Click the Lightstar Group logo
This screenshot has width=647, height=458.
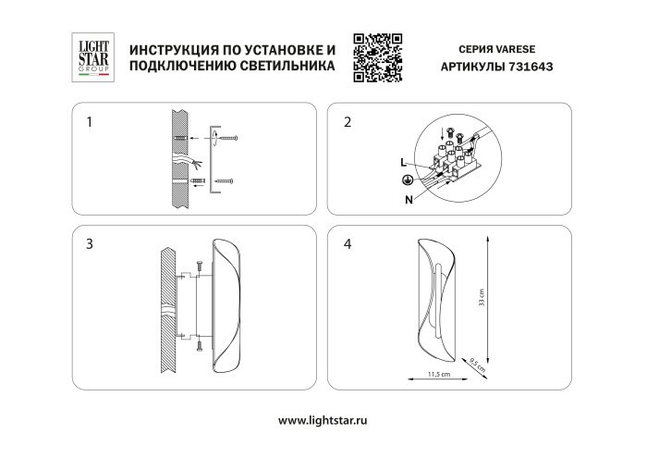point(92,57)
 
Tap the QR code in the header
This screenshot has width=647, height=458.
point(379,57)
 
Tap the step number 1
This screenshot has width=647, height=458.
point(90,122)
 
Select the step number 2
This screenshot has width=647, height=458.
point(348,122)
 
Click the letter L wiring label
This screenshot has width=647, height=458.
point(403,163)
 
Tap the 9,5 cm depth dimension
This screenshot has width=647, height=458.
point(476,363)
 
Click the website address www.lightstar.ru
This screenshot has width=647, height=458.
point(323,419)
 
